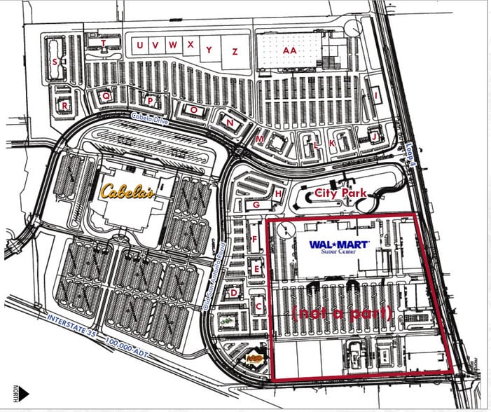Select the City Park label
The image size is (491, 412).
pos(341,192)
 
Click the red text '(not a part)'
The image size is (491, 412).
pos(343,313)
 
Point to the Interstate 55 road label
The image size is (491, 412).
pos(70,328)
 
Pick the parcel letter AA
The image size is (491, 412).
pos(289,50)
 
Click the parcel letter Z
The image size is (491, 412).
pos(235,51)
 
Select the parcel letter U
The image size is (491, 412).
pos(141,46)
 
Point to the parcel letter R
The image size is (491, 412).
pos(64,105)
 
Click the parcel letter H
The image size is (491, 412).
pos(278,193)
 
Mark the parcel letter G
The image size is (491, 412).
pos(256,205)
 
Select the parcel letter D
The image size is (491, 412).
pos(234,293)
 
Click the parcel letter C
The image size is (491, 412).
pos(258,305)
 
